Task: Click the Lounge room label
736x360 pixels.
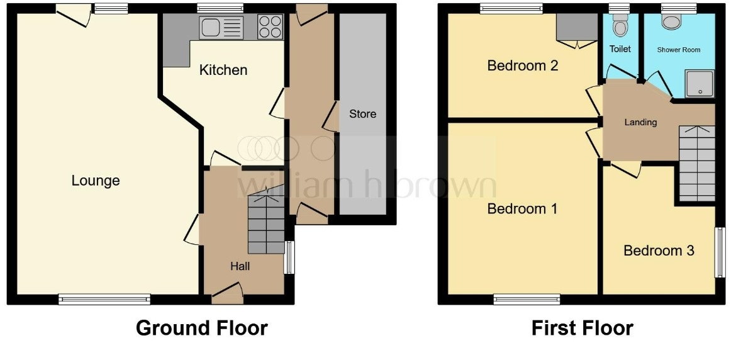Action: tap(96, 181)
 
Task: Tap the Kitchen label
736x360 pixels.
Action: tap(223, 70)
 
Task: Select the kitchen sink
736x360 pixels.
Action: tap(221, 28)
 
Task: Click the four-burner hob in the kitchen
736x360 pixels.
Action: tap(270, 26)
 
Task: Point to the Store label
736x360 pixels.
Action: tap(363, 114)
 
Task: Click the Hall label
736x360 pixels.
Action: tap(240, 267)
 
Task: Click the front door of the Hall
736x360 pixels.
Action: tap(228, 292)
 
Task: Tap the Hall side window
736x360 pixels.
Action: tap(290, 257)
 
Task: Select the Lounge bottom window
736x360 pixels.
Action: tap(104, 299)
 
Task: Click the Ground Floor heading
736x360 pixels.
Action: tap(202, 328)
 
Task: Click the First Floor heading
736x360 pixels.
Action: tap(582, 328)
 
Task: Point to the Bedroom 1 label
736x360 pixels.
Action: tap(522, 208)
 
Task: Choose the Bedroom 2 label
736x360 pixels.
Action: tap(522, 65)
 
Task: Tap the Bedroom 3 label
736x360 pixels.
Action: tap(659, 250)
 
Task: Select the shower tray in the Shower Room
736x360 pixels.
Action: tap(700, 84)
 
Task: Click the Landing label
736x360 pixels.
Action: tap(640, 123)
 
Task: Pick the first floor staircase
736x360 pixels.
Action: tap(697, 164)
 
